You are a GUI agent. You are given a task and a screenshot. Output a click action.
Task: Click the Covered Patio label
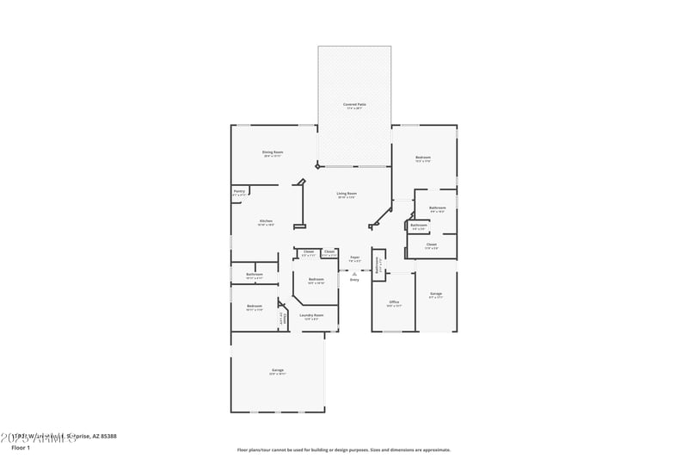click(x=354, y=104)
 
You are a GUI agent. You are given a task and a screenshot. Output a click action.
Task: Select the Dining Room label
click(x=273, y=152)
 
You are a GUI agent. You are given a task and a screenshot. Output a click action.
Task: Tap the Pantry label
click(x=239, y=191)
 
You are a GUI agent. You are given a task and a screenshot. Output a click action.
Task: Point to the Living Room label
click(x=347, y=194)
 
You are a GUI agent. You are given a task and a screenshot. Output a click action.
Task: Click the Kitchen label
click(x=266, y=222)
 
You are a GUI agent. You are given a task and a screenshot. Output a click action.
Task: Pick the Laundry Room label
click(x=311, y=316)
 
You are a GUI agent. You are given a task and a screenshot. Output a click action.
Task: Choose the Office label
click(x=394, y=302)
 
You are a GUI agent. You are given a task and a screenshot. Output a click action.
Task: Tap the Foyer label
click(x=354, y=257)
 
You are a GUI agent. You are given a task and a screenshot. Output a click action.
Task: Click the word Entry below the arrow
click(x=354, y=280)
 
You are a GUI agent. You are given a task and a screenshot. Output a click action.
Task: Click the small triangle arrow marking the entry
click(x=354, y=273)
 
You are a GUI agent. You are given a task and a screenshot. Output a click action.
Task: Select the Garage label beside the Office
click(x=436, y=295)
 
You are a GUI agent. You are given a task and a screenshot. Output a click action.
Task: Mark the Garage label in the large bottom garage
click(x=278, y=370)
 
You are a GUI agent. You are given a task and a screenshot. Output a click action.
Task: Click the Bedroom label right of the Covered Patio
click(x=423, y=158)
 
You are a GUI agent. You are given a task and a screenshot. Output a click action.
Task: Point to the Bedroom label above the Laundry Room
click(x=316, y=279)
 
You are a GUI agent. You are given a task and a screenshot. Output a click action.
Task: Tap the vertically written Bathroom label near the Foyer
click(x=378, y=267)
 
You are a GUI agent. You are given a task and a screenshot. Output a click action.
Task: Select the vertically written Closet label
click(x=281, y=319)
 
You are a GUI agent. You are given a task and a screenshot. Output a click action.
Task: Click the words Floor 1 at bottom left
click(x=21, y=448)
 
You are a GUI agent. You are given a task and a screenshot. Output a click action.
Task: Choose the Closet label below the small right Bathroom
click(x=431, y=245)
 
